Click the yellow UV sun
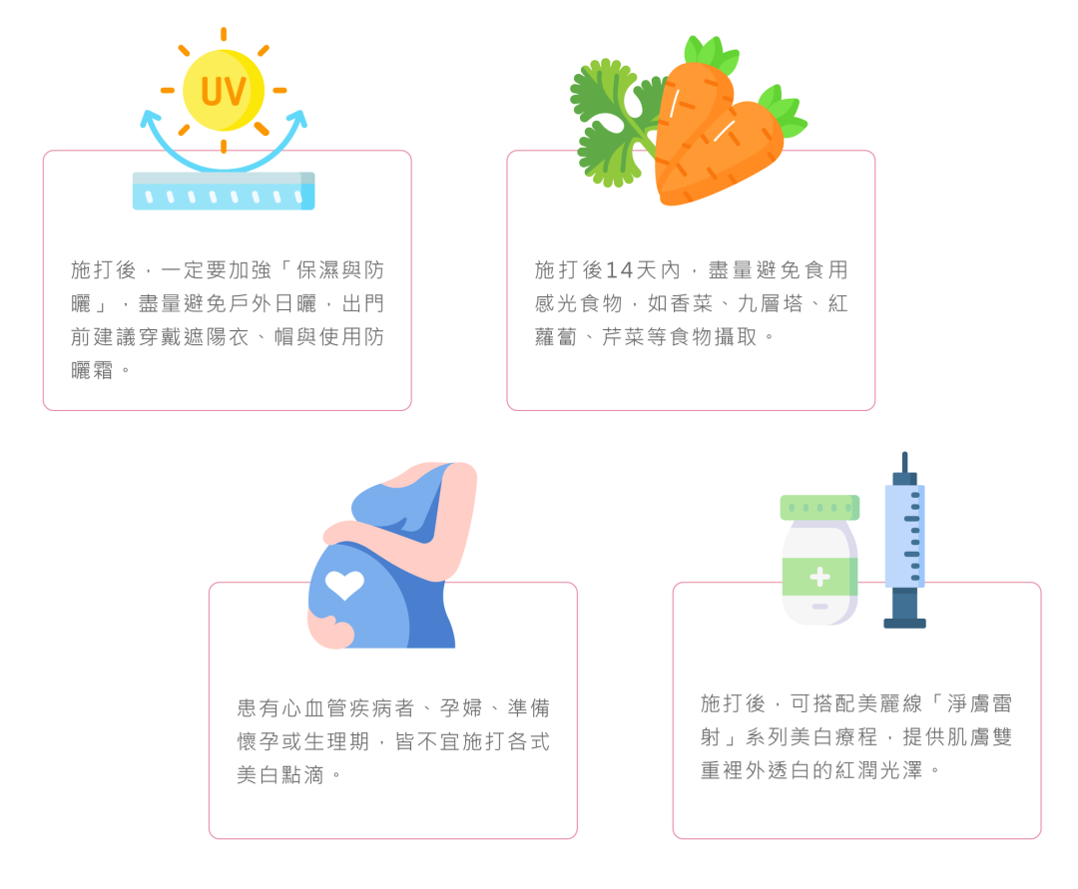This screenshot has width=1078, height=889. [224, 91]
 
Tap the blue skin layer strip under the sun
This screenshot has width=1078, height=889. [224, 191]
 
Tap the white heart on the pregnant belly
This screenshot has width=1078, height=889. [344, 585]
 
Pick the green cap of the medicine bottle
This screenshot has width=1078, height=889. [819, 507]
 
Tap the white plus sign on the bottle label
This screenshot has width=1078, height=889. [819, 577]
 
